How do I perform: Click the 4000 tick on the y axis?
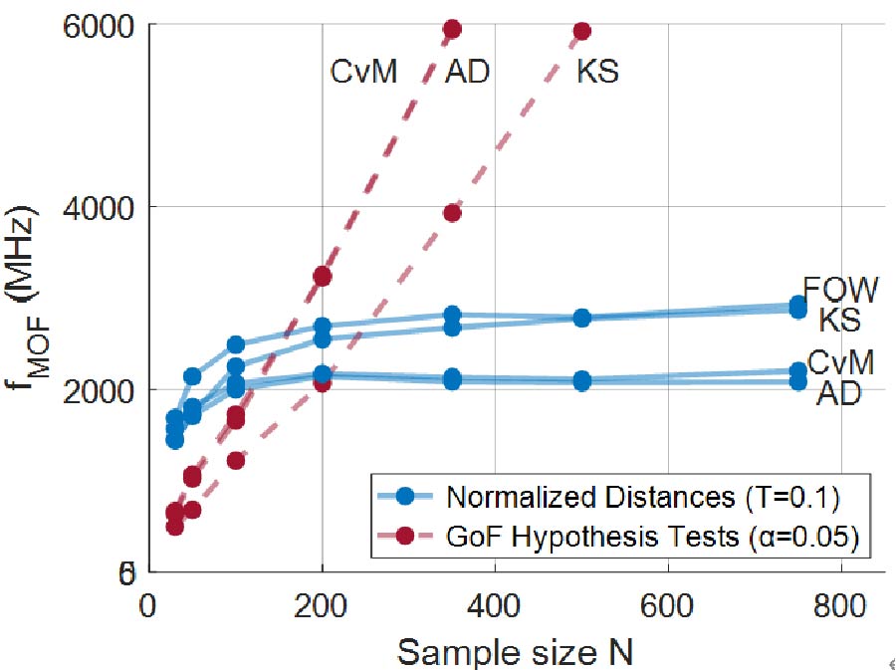click(x=98, y=207)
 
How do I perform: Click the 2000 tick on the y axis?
click(x=98, y=389)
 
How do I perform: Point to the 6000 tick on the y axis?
click(x=98, y=26)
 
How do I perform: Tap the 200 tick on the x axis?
click(x=322, y=603)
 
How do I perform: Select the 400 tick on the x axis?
click(x=495, y=603)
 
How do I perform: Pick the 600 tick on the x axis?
click(x=668, y=603)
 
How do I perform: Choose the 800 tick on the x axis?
click(x=841, y=603)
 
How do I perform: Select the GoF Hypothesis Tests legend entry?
click(x=652, y=537)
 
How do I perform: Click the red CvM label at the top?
click(x=364, y=72)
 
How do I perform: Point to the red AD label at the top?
click(x=467, y=72)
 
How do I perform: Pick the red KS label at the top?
click(x=597, y=72)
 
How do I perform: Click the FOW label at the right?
click(x=841, y=290)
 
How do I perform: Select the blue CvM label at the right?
click(x=841, y=363)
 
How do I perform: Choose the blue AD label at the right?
click(x=838, y=394)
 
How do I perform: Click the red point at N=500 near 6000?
click(x=582, y=32)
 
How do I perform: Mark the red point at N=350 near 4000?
click(x=452, y=212)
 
